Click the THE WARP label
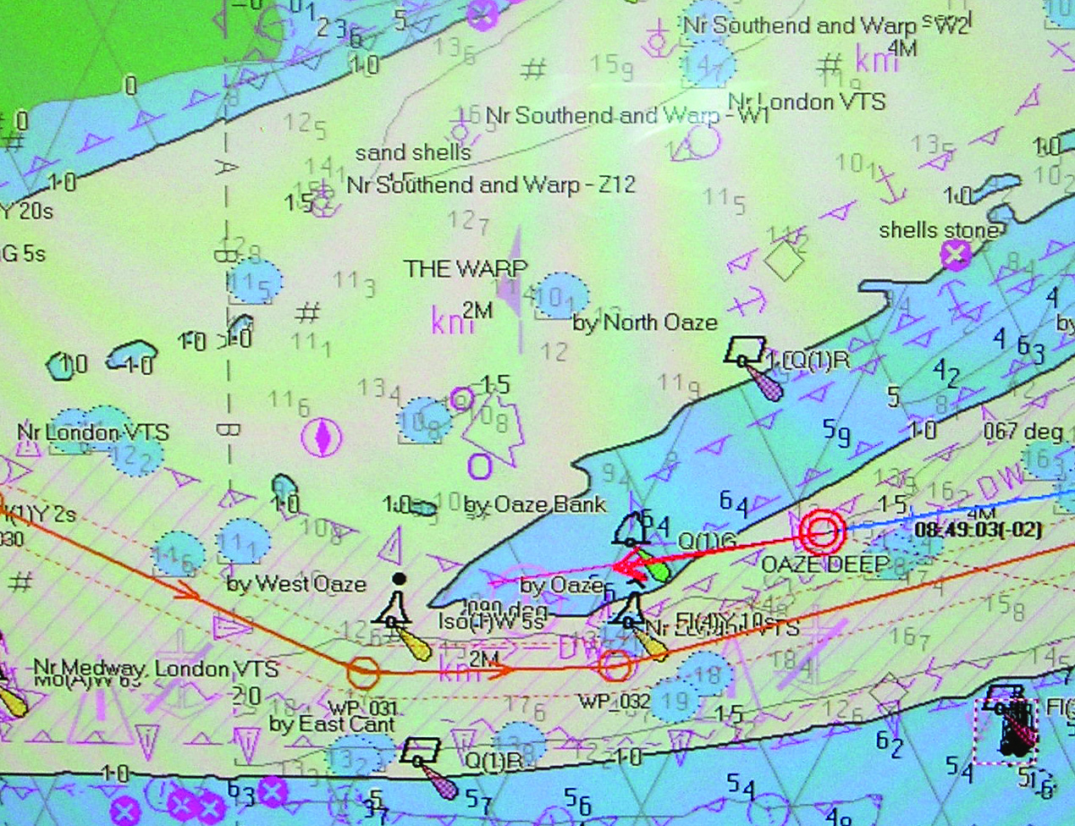click(466, 269)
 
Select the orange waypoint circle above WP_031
click(363, 672)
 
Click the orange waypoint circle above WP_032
click(615, 665)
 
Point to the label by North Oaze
click(645, 322)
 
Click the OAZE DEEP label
click(825, 564)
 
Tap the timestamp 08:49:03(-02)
click(978, 530)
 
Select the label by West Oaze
click(296, 583)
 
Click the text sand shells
click(413, 153)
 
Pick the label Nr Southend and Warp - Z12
click(491, 184)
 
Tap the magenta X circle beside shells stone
click(956, 254)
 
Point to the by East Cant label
click(332, 724)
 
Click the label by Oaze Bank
click(536, 505)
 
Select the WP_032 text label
click(615, 702)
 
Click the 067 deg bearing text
click(1023, 432)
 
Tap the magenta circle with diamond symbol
click(322, 437)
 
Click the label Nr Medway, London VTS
click(156, 669)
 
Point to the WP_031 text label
click(363, 708)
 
